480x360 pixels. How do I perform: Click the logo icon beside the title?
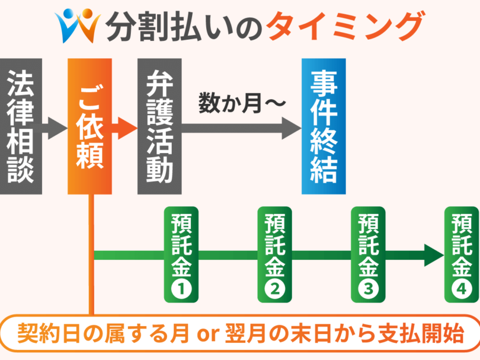coord(77,24)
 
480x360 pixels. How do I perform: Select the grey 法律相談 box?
coord(21,126)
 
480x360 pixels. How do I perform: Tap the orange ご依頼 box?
coord(90,126)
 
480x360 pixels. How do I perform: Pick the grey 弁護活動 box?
coord(159,126)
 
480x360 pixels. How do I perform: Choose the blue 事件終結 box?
coord(324,126)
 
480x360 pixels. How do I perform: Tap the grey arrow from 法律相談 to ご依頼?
coord(56,127)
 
